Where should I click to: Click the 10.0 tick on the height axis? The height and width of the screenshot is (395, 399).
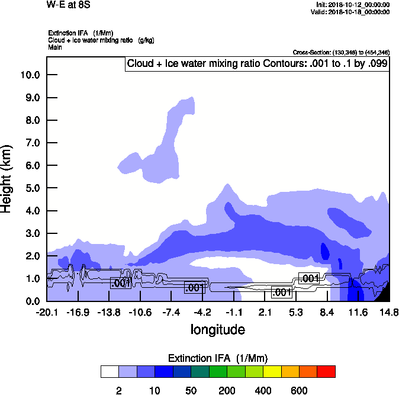point(30,75)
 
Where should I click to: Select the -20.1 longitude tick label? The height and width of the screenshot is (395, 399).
point(46,312)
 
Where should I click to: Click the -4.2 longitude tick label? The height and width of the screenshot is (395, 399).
point(202,312)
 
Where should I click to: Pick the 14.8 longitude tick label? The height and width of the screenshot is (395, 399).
point(390,312)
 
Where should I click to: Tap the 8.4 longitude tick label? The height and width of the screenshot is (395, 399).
point(327,312)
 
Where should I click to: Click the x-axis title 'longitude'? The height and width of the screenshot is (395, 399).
point(217,329)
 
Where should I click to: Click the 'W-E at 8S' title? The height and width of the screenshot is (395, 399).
point(69,5)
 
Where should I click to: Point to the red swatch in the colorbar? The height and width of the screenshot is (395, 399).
point(326,372)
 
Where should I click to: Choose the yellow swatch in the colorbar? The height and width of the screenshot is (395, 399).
point(272,372)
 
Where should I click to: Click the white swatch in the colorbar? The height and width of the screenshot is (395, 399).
point(110,372)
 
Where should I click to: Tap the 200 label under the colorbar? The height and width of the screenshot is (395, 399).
point(227,390)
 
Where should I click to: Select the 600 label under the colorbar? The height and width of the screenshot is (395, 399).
point(299,390)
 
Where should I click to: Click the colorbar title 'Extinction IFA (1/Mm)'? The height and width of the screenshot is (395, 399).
point(218,358)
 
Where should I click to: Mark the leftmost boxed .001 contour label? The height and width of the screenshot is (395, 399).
point(121,283)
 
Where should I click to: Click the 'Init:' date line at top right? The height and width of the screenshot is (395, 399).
point(353,5)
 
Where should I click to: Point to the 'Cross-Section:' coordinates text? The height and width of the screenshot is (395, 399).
point(341,53)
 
